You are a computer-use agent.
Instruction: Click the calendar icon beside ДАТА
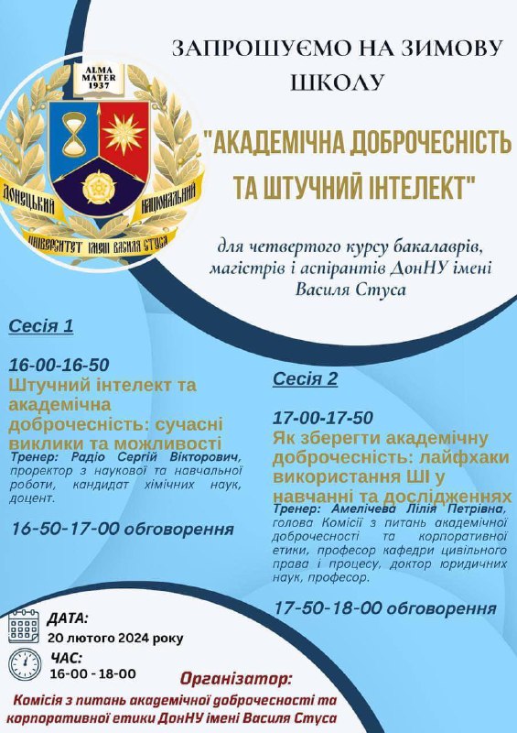click(x=24, y=627)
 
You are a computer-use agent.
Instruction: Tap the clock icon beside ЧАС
click(x=25, y=664)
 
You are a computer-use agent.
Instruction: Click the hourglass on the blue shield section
click(x=74, y=134)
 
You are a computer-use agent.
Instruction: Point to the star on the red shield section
click(x=124, y=133)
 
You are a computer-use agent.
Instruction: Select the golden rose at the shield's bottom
click(x=99, y=188)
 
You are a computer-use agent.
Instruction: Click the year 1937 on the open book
click(x=99, y=85)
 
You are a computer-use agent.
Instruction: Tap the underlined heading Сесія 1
click(x=41, y=326)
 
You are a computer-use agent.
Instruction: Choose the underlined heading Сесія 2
click(x=305, y=378)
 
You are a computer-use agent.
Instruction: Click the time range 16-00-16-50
click(x=59, y=365)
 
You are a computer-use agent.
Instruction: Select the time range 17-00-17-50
click(x=323, y=418)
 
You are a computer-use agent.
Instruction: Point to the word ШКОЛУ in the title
click(x=338, y=82)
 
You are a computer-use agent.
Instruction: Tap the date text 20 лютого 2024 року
click(x=116, y=638)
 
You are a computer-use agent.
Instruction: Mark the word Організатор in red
click(x=236, y=679)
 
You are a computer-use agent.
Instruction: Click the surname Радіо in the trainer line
click(x=88, y=456)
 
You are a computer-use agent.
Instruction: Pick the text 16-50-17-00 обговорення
click(x=123, y=530)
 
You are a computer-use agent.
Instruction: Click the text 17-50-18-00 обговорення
click(x=385, y=608)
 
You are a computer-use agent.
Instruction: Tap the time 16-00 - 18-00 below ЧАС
click(x=93, y=673)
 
